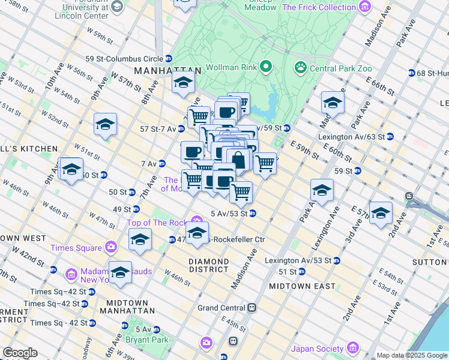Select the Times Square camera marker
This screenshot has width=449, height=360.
tap(110, 247)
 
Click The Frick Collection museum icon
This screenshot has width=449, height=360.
tap(364, 7)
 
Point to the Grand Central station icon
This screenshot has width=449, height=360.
tap(253, 308)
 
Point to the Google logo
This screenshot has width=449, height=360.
tap(19, 353)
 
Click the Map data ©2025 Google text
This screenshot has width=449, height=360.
tap(411, 355)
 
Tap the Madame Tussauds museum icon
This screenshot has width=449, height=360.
tap(71, 275)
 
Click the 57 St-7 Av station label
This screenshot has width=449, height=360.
tap(158, 129)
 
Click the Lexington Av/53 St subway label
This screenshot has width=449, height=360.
tap(298, 260)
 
